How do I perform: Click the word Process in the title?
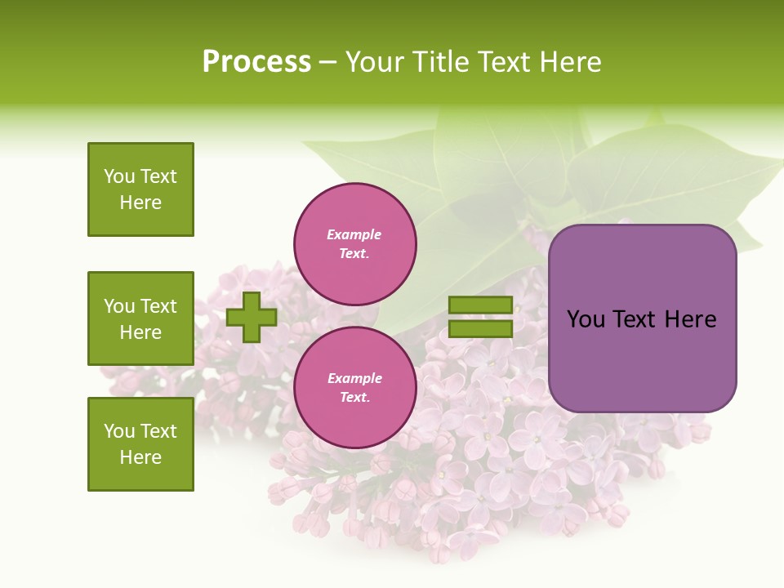(x=256, y=62)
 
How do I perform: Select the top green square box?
(x=140, y=189)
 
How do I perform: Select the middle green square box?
(x=140, y=318)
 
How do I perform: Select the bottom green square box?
(x=140, y=444)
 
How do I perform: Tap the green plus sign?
(x=252, y=317)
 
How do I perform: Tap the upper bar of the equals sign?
(x=481, y=305)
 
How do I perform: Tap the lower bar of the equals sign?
(x=481, y=328)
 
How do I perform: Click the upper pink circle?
(x=355, y=244)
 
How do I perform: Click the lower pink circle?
(x=355, y=388)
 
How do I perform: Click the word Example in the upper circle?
(x=354, y=234)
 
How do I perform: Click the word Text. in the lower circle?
(x=354, y=398)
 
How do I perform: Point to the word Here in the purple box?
(x=690, y=319)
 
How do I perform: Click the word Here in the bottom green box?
(x=140, y=457)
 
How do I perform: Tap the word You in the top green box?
(x=119, y=176)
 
